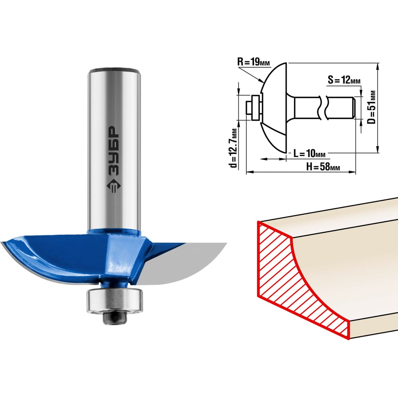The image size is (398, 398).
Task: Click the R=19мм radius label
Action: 254,62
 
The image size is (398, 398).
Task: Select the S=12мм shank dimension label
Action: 344,80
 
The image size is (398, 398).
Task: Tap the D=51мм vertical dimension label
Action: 371,107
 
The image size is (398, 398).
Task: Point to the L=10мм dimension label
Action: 309,153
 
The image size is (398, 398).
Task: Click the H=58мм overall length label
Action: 323,166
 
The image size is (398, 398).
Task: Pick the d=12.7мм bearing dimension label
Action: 233,148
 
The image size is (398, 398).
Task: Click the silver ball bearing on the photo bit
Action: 115,300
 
